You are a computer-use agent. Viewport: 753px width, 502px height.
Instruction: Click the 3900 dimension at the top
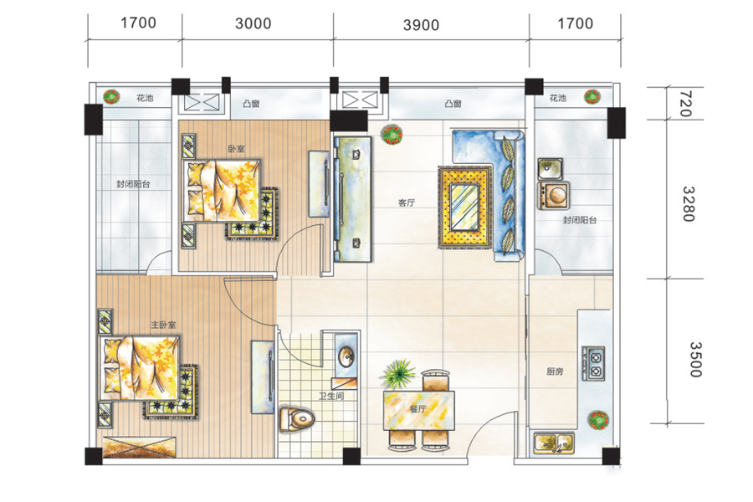point(421,25)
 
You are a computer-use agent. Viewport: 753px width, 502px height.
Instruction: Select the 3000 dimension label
point(253,23)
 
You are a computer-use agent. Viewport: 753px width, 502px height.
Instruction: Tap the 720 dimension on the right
point(686,104)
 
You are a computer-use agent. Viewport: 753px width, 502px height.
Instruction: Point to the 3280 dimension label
point(689,203)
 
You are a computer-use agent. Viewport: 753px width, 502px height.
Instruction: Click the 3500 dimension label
point(695,359)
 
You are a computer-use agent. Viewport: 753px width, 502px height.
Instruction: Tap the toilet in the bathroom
point(297,419)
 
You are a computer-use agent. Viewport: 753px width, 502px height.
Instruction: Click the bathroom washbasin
point(346,356)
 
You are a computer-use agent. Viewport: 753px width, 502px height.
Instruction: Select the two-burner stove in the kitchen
point(593,364)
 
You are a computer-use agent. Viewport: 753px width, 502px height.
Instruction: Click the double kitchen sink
point(554,443)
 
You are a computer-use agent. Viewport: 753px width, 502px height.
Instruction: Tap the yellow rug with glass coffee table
point(465,207)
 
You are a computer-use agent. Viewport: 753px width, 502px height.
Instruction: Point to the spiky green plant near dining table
point(398,373)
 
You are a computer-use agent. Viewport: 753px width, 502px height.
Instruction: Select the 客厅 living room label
point(407,202)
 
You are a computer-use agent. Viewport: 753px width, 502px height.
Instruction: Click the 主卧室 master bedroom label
point(163,325)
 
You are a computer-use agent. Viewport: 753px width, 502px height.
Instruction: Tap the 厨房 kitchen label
point(555,371)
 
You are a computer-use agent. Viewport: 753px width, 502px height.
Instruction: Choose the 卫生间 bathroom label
point(331,396)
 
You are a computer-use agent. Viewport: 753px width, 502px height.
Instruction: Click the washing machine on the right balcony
point(554,195)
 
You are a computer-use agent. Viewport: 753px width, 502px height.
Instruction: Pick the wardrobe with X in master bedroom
point(139,447)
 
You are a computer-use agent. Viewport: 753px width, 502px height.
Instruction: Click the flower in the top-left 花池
point(111,96)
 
